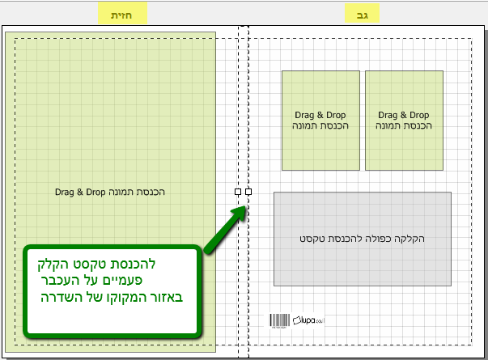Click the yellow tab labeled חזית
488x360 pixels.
(121, 13)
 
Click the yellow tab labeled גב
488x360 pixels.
(362, 13)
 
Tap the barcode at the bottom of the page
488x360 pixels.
(278, 320)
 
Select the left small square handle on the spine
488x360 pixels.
(238, 192)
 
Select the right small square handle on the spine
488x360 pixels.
(248, 192)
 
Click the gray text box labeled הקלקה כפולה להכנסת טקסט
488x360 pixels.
(362, 239)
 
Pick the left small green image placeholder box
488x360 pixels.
(320, 120)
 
